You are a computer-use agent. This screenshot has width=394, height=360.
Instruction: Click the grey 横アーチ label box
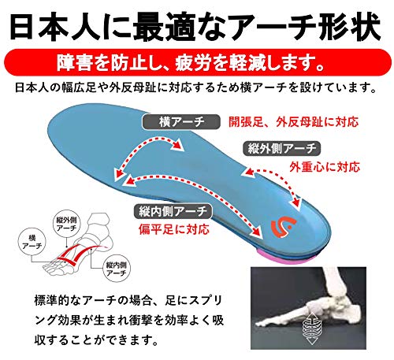point(181,122)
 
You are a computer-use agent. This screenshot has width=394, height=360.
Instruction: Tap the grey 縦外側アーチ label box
point(281,149)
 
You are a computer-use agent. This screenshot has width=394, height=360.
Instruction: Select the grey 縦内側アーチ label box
point(173,211)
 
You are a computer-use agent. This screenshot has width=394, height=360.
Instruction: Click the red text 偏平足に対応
point(174,229)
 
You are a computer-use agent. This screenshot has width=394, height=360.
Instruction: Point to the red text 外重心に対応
point(325,167)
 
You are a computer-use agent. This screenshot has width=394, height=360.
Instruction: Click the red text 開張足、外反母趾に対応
point(293,122)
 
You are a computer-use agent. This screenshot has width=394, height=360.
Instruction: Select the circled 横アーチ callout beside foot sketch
point(32,242)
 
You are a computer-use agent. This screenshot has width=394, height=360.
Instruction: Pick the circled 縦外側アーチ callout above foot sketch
point(66,224)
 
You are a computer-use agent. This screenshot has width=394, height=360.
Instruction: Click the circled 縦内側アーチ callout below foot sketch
point(117,269)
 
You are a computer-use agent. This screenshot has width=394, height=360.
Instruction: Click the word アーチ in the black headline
point(276,27)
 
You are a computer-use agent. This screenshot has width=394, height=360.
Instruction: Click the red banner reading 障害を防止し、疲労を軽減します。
point(197,62)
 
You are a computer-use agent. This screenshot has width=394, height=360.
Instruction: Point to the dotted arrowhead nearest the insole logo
point(295,202)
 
